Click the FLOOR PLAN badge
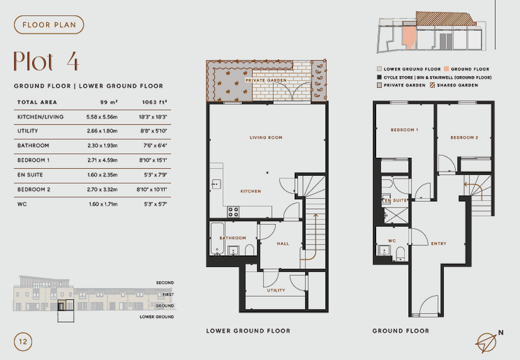pos(49,25)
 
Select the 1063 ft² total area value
pos(155,102)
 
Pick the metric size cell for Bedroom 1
pos(101,160)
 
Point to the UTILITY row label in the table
pos(28,131)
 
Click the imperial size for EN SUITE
pos(154,175)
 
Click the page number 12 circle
pos(23,341)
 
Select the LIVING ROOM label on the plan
pos(266,138)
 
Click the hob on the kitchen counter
pos(234,211)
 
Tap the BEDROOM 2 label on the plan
pos(465,138)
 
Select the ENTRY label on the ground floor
pos(439,243)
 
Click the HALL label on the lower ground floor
pos(283,244)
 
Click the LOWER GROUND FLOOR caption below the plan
pos(248,331)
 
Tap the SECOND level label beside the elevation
pos(165,283)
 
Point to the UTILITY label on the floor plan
pos(276,290)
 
